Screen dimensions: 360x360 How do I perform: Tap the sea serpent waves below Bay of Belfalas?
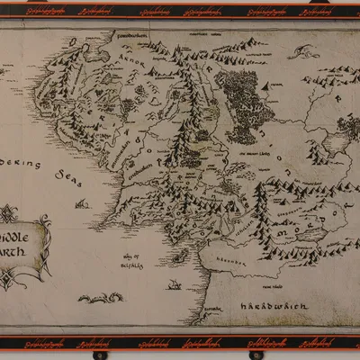pos(100,297)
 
